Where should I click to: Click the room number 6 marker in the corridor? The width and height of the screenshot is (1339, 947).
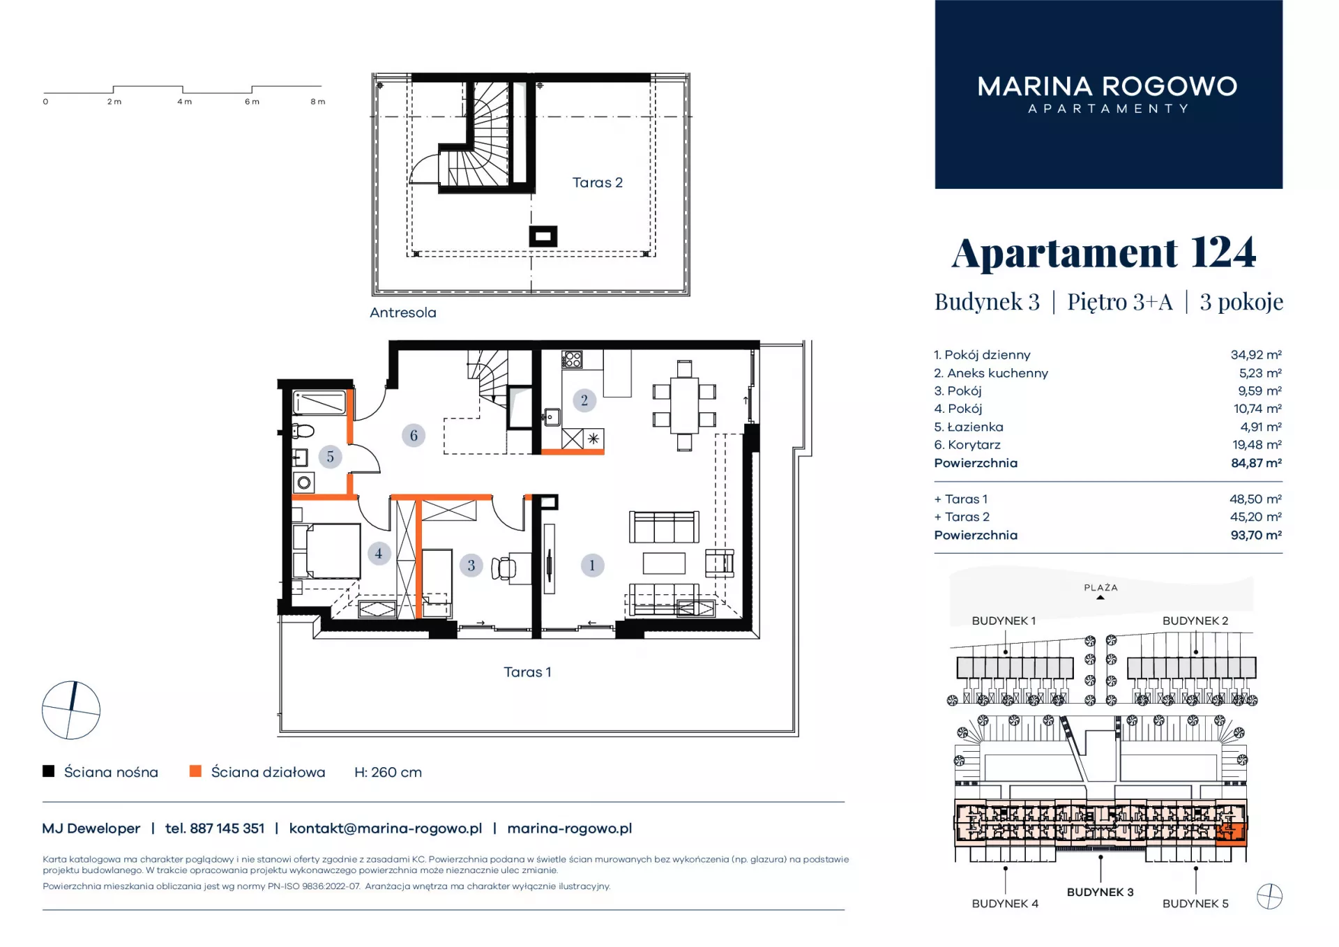coord(414,436)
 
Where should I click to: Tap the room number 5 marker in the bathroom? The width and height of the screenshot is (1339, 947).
coord(331,457)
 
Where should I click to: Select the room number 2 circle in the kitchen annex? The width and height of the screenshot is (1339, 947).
coord(584,400)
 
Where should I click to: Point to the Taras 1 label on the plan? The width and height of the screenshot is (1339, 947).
coord(527,672)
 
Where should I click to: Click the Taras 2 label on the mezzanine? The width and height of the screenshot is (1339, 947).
coord(597,183)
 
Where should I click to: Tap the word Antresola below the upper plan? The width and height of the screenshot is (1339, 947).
coord(403,313)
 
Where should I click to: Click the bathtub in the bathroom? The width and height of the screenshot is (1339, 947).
coord(320,402)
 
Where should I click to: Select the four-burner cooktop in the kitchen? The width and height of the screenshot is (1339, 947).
coord(572,360)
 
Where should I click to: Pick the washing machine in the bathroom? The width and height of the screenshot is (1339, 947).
coord(304,483)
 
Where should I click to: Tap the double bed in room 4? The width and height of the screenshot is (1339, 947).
coord(327,551)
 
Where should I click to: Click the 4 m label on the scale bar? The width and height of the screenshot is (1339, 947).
coord(184,102)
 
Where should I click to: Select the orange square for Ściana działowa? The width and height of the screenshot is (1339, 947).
coord(195,771)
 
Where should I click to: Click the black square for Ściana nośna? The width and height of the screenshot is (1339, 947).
coord(49,771)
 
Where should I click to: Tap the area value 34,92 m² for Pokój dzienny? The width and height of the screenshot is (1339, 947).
coord(1256,355)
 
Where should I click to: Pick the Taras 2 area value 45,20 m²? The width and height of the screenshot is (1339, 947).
coord(1255,517)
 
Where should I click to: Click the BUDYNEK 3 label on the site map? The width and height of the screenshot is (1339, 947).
coord(1100,892)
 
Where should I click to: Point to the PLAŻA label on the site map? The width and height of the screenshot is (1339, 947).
coord(1100,588)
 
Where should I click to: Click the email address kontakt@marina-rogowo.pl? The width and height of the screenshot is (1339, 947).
coord(386,828)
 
